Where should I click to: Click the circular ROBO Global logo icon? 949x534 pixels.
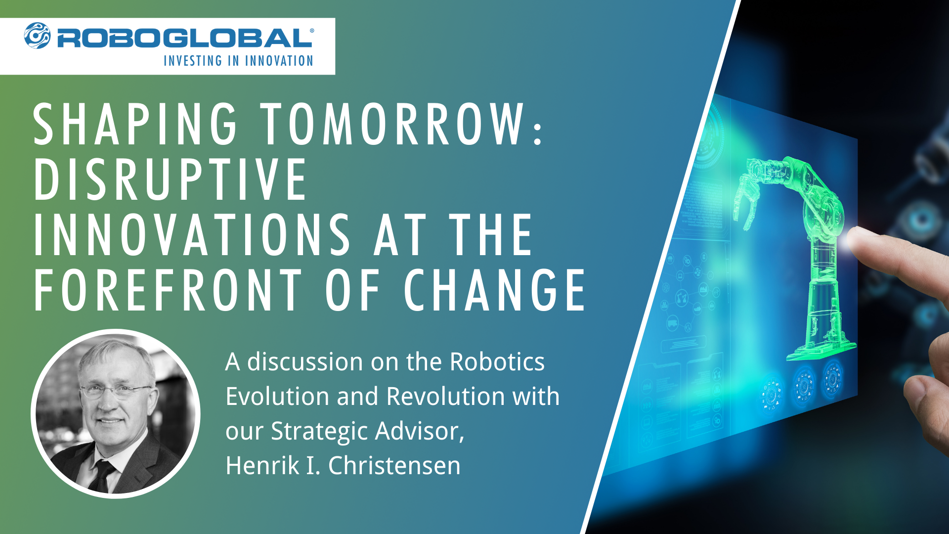coord(38,36)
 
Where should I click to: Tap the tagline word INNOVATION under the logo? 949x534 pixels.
coord(279,61)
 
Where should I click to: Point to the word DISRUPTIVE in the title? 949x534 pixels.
coord(171,180)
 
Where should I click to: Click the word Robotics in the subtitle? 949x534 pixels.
coord(497,362)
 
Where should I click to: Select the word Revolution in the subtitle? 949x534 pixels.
coord(445,397)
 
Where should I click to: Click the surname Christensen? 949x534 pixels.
coord(394,466)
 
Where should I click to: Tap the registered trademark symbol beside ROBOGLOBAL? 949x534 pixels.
coord(312,31)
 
